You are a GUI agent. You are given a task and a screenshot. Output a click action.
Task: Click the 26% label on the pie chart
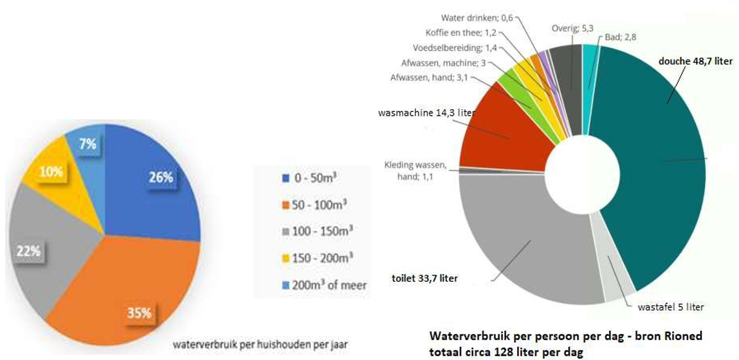coord(160,177)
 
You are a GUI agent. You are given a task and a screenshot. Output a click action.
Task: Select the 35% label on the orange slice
coord(138,313)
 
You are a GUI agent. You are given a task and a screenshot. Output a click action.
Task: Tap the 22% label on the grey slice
coord(28,251)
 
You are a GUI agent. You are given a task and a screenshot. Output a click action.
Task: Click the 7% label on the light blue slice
coord(87,143)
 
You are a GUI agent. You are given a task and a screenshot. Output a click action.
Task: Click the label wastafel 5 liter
coord(670,307)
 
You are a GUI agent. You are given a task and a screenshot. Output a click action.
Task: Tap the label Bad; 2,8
coord(620,37)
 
